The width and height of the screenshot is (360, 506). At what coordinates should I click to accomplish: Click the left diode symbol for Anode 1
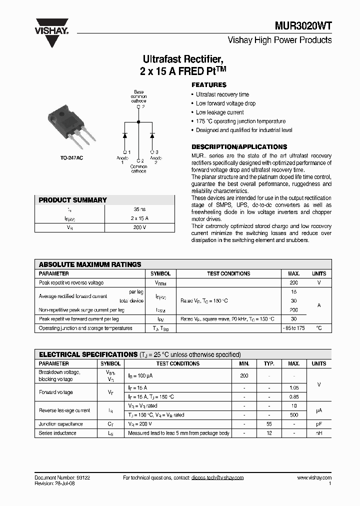coord(124,135)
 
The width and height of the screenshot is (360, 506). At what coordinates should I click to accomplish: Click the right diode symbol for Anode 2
coord(152,135)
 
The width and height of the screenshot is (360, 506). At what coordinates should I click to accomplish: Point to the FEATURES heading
coord(209,85)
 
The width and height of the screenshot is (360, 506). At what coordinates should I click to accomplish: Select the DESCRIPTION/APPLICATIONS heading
coord(239,147)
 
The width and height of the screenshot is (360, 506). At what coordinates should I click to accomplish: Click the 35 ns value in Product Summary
coord(139,210)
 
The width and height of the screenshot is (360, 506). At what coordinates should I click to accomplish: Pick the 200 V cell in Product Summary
coord(139,227)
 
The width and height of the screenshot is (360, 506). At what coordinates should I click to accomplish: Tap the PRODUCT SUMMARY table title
coord(73,200)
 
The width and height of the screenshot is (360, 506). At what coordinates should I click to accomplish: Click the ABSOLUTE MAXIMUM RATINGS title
coord(90,264)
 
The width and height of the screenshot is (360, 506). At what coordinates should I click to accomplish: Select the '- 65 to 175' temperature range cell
coord(293,328)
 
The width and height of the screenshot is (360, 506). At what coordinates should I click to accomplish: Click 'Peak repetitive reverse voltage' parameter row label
coord(71,283)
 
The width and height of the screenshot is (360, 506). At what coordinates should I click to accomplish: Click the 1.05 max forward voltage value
coord(293,388)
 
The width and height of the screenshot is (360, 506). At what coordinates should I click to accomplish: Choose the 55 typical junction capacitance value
coord(269,424)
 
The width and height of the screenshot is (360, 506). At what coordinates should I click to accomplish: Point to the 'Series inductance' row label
coord(57,433)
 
